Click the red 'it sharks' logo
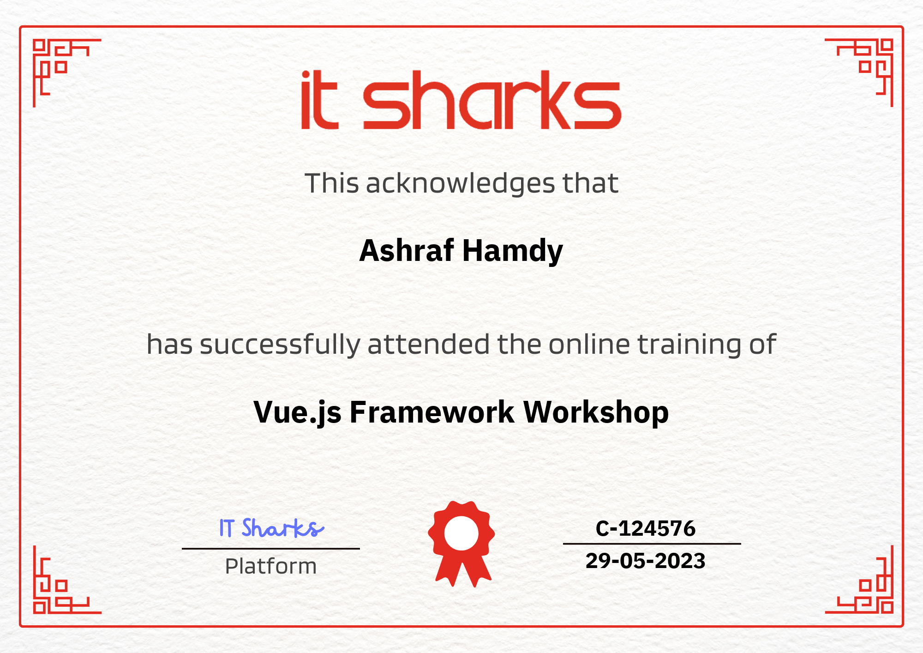coord(461,100)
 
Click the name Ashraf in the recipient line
coord(407,251)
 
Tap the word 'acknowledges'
coord(460,184)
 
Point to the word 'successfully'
coord(280,345)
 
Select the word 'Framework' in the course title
coord(432,412)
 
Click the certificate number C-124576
coord(645,528)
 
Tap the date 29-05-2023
coord(645,561)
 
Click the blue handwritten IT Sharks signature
coord(271,528)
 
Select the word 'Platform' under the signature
coord(271,566)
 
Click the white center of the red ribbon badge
coord(461,533)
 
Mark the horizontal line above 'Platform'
coord(271,549)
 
